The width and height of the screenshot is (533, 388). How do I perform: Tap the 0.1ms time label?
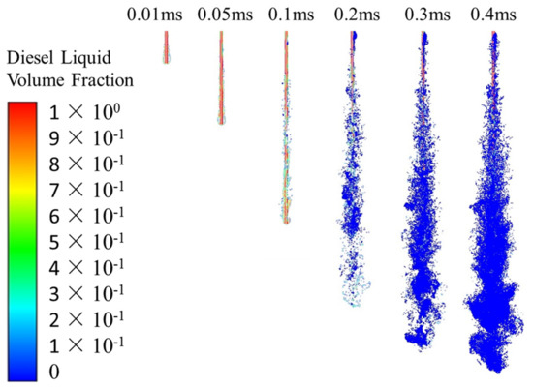(285, 15)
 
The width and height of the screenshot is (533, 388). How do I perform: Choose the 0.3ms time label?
(423, 15)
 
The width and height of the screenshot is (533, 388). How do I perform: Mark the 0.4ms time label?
(492, 15)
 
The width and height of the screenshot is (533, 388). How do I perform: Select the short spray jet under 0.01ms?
(166, 46)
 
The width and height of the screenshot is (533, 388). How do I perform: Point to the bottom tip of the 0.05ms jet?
(222, 122)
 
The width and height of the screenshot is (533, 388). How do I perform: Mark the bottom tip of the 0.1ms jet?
(286, 222)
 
